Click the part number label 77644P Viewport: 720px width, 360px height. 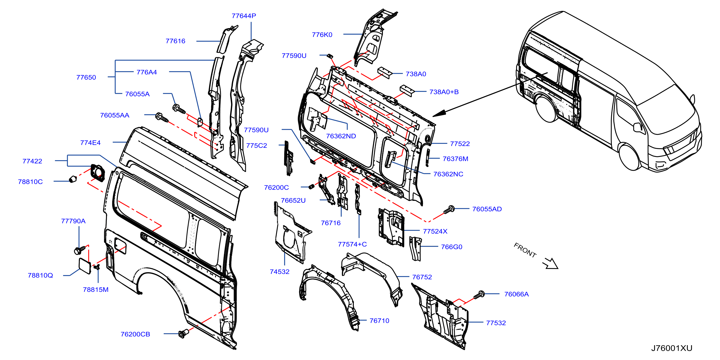(x=244, y=16)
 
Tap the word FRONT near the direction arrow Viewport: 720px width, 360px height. (x=525, y=250)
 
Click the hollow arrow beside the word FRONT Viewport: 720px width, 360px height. (x=550, y=263)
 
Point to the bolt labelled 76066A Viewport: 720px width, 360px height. (x=479, y=295)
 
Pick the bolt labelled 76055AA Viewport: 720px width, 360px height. (x=162, y=117)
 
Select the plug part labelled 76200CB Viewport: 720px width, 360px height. (x=183, y=333)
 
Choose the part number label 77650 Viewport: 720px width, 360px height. (x=86, y=77)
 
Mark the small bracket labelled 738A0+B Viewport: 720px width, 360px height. (x=407, y=90)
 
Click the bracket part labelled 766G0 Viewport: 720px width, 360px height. (x=415, y=248)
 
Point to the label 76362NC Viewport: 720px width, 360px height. (x=448, y=174)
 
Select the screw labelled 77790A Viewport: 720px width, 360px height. (x=80, y=250)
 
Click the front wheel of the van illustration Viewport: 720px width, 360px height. (x=630, y=157)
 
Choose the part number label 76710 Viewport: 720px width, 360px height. (x=379, y=321)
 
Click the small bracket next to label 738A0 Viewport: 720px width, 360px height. (x=385, y=73)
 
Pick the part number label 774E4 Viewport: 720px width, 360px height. (x=90, y=143)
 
